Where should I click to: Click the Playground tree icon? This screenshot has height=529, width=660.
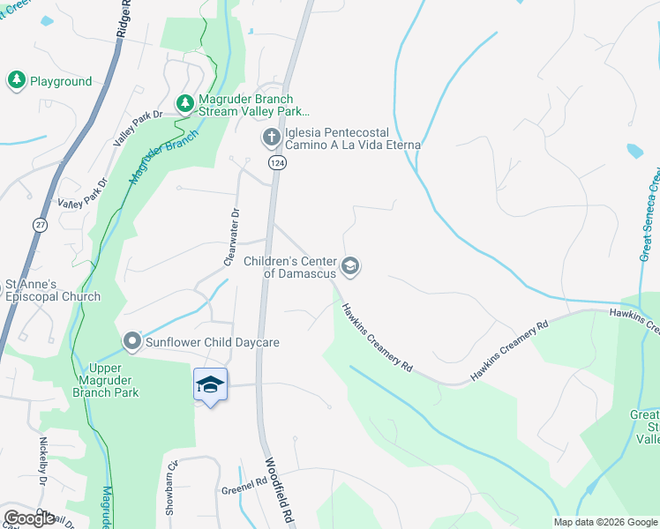point(16,81)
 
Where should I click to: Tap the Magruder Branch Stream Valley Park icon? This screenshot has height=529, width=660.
point(184,105)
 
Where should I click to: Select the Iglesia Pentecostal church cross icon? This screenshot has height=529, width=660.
point(271,138)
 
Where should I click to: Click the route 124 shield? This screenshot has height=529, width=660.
point(277,164)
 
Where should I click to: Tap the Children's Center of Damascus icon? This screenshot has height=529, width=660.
point(350,266)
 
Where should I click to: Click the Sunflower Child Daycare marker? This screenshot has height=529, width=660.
point(132,341)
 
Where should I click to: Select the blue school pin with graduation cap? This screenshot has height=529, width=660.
point(211,385)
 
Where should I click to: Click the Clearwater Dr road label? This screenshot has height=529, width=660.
point(232,236)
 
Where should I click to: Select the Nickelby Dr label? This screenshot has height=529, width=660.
point(41,454)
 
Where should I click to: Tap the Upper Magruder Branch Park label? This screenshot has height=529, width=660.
point(115,380)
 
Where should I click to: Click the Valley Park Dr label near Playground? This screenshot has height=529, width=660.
point(139,129)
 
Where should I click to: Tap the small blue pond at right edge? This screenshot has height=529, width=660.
point(635,150)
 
